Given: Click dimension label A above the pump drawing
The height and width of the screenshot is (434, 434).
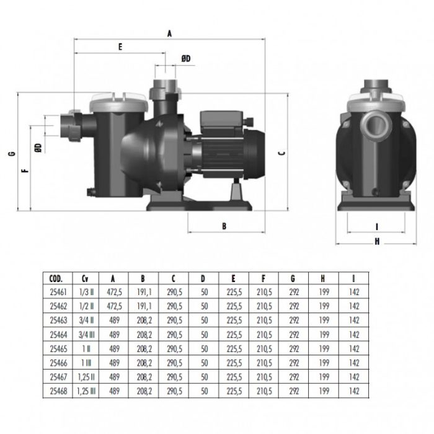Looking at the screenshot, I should pos(169,35).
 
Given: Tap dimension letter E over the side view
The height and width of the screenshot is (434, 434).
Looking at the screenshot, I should pos(120,46).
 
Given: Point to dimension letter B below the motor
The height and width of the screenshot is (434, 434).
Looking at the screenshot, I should pos(224,226).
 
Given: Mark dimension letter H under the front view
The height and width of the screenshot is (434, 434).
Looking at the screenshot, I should pos(377,242).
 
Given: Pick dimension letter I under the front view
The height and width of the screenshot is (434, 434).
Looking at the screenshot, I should pos(377,226).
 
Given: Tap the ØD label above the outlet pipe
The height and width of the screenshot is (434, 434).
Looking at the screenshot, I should pos(186,58).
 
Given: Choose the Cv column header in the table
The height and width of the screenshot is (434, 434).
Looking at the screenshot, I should pos(85,278).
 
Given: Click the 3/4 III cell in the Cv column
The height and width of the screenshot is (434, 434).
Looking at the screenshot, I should pos(85,334).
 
